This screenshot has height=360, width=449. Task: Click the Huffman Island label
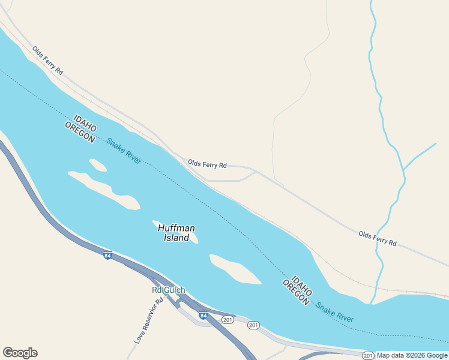pos(176,233)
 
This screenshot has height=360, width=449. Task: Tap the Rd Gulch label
pos(168,290)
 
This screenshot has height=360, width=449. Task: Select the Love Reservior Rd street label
pos(149,322)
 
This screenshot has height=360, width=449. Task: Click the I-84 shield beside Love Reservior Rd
pos(203,315)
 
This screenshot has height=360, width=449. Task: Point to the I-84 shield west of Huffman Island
pos(107,255)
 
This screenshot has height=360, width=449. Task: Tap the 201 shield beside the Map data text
pos(368,356)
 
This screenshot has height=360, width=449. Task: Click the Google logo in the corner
pos(20,353)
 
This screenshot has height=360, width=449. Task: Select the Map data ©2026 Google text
pos(412,356)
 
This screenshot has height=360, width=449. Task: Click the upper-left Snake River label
pos(124,151)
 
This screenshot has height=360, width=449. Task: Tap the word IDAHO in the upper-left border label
pos(85,122)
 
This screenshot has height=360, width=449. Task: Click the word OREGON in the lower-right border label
pos(296,293)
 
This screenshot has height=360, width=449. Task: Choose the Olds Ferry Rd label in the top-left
pos(47,61)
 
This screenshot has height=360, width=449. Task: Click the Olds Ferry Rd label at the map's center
pos(207,164)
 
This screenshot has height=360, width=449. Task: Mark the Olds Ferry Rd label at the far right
pos(378,238)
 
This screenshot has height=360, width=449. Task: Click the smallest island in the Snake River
pos(97,164)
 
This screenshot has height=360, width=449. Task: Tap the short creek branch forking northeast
pos(420,156)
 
